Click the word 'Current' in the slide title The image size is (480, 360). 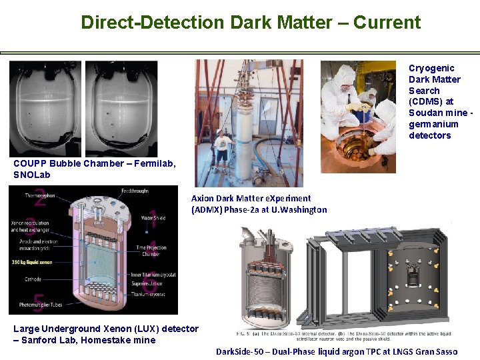[387, 23]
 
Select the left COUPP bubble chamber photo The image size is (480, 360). [45, 109]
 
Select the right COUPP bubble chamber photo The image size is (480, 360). [121, 109]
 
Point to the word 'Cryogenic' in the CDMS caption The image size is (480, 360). [431, 68]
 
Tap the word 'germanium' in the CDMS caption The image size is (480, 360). [433, 124]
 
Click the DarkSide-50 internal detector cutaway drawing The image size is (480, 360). [267, 280]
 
